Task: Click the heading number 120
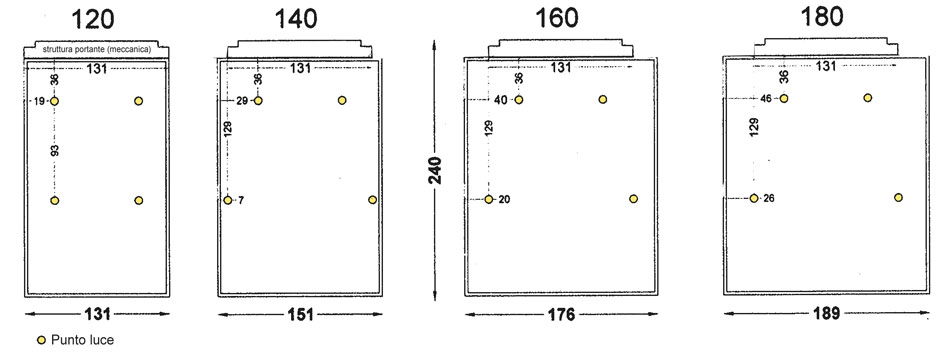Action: [93, 19]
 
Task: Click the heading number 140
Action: [296, 19]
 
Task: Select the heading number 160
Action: [557, 18]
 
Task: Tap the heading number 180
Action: [822, 17]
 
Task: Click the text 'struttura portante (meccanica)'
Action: [97, 49]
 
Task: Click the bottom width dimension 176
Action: [561, 315]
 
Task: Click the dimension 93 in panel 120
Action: [55, 152]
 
